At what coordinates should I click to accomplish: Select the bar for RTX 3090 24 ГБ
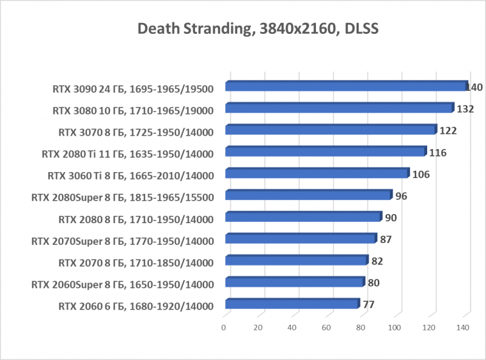[345, 86]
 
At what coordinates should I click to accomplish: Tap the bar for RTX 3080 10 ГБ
[339, 108]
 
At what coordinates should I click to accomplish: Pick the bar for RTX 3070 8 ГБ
[330, 130]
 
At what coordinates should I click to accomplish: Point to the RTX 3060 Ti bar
[317, 173]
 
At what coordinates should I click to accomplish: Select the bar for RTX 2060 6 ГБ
[292, 304]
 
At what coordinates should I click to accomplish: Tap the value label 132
[465, 109]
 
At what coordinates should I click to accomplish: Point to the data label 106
[421, 174]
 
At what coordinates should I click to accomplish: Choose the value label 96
[402, 196]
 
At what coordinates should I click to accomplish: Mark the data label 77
[368, 304]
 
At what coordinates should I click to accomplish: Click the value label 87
[386, 239]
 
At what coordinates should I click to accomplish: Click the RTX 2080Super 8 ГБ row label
[122, 197]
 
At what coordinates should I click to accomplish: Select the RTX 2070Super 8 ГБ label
[122, 240]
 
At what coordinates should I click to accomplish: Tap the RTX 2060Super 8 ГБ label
[122, 284]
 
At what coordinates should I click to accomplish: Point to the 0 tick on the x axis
[224, 327]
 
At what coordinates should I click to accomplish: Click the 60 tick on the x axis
[326, 327]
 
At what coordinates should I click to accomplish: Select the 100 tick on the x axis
[395, 327]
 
